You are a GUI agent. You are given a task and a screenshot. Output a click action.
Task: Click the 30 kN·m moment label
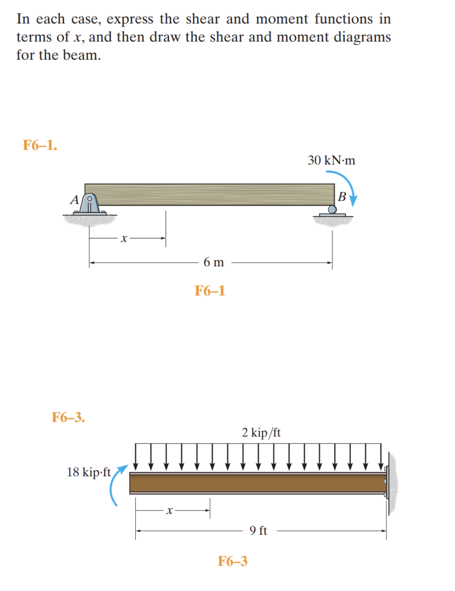[331, 161]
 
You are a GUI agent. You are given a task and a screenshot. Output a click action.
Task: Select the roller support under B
[332, 210]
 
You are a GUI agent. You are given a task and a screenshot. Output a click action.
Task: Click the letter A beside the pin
[74, 200]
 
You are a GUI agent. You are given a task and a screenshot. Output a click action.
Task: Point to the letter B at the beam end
[342, 197]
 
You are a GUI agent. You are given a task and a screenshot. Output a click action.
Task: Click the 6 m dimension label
[214, 262]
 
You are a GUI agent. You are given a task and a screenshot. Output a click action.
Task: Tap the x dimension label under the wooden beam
[124, 238]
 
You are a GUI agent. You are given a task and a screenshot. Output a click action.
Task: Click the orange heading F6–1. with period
[40, 145]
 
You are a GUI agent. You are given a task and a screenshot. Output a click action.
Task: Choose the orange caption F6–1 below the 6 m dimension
[210, 291]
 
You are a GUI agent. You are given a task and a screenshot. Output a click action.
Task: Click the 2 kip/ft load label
[261, 433]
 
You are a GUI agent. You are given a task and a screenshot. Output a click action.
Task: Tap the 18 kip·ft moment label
[88, 472]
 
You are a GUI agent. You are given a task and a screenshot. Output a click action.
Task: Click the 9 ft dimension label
[258, 531]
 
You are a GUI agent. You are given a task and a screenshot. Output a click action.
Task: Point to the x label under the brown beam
[169, 511]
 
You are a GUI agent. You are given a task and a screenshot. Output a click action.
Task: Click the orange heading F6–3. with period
[68, 417]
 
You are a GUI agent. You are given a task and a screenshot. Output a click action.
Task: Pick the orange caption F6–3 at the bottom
[233, 561]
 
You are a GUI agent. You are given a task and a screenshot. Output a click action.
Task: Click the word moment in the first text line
[282, 19]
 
